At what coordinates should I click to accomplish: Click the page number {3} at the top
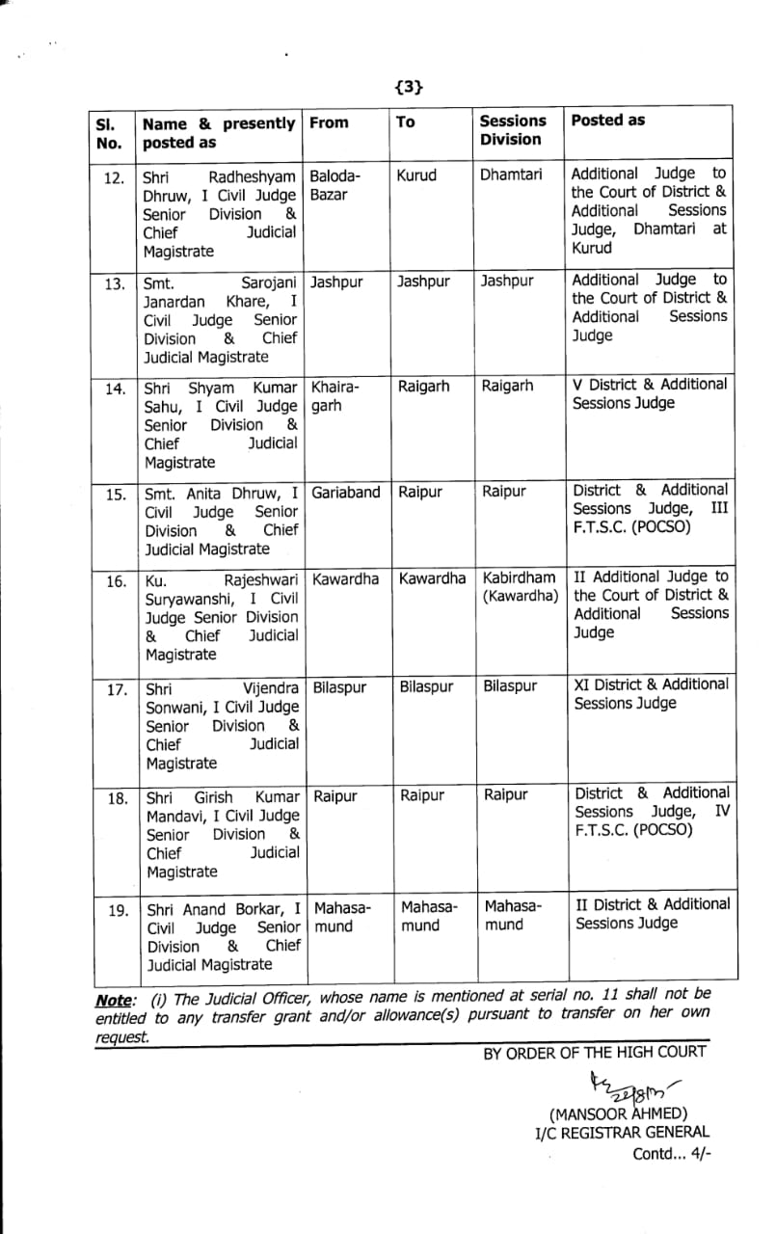410,87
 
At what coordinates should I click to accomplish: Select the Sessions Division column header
513,130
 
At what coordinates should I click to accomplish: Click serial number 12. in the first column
114,177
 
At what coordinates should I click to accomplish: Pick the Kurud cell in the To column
416,175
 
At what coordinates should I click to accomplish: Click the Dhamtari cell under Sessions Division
511,175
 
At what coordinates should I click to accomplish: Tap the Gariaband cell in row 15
346,493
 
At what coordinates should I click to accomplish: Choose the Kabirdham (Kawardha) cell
521,586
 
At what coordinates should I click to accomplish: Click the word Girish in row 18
215,797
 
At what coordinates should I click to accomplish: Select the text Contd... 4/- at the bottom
671,1153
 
